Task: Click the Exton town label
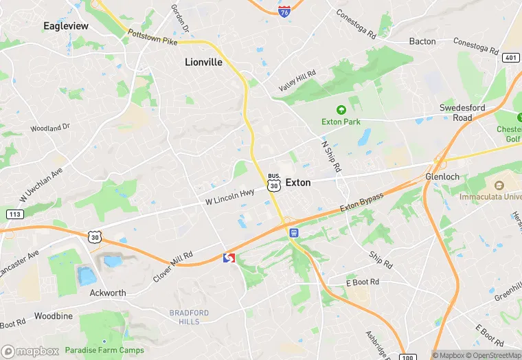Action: pos(298,183)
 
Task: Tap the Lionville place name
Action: pos(204,62)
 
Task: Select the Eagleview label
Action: pos(66,25)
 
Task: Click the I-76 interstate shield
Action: pos(284,9)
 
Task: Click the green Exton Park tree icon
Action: pos(340,109)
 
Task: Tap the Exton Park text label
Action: pos(341,122)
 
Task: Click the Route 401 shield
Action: pos(510,58)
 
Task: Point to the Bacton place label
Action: pos(422,41)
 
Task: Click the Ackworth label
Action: pos(108,293)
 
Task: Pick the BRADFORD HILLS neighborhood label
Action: pos(189,317)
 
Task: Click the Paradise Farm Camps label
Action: pos(105,350)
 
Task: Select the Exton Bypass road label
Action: pos(361,203)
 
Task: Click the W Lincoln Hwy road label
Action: pos(230,197)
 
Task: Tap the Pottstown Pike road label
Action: pos(152,37)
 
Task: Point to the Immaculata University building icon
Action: pos(499,185)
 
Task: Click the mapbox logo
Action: pos(30,351)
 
